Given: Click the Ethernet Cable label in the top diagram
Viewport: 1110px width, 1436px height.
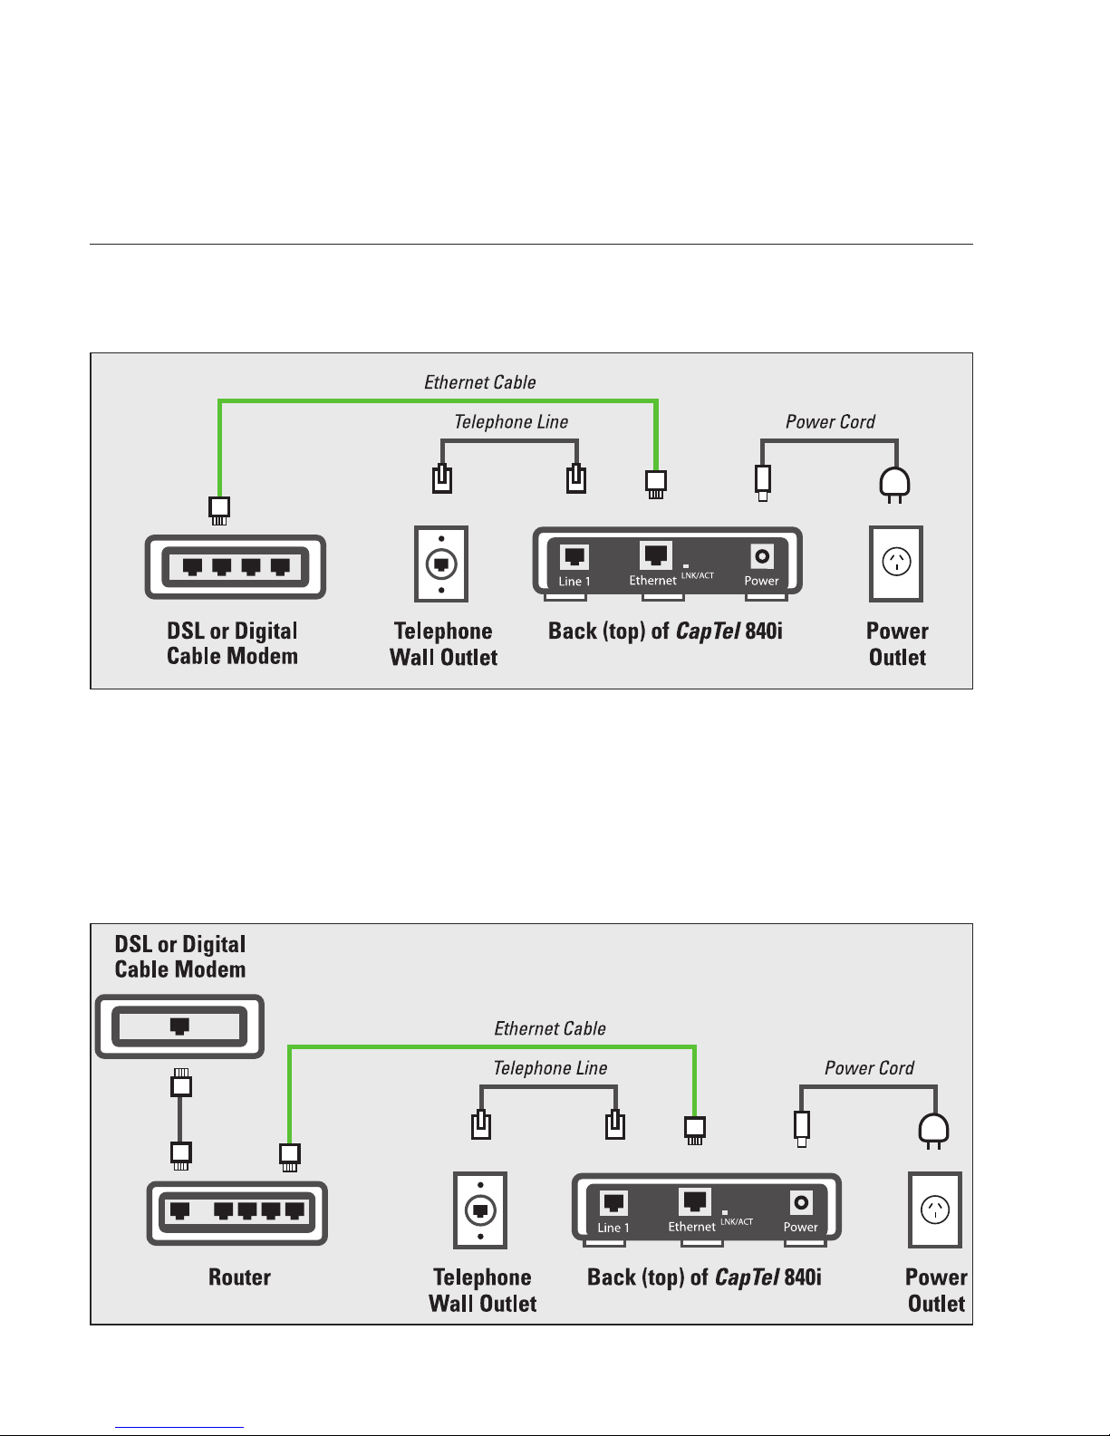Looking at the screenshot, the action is (479, 382).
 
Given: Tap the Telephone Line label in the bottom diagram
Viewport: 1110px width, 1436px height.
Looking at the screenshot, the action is (550, 1068).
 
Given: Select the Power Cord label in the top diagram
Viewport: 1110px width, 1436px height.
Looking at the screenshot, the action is (830, 422).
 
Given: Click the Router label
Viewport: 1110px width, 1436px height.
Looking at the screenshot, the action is (239, 1277).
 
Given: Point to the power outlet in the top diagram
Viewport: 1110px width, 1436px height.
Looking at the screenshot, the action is (896, 564).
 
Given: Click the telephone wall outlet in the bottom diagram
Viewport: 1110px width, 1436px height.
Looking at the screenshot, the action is (480, 1210).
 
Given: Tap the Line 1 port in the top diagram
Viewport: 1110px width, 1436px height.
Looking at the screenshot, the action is (574, 556).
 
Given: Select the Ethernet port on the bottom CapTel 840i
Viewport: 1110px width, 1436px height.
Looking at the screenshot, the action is (694, 1200).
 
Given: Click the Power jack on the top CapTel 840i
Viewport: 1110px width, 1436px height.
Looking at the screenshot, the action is (762, 556).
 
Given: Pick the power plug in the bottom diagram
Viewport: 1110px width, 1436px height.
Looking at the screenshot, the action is (933, 1131).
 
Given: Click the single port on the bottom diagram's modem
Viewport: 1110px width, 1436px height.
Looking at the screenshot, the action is (179, 1026).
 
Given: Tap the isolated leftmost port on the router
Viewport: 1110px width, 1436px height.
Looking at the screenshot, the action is (179, 1210).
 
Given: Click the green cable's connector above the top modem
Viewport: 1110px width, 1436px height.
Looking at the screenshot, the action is (219, 511).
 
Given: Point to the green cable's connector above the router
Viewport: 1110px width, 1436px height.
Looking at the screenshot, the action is (290, 1157).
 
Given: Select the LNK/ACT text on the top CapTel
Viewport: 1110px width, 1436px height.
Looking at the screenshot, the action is (697, 575).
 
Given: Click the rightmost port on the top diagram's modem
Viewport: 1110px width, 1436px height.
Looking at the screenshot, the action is (281, 566).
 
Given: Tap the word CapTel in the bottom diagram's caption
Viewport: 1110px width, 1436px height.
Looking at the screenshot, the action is (747, 1277).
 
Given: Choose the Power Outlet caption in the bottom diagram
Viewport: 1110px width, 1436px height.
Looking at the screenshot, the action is (936, 1290).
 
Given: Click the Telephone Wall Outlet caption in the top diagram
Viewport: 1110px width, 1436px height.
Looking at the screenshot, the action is (443, 643).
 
